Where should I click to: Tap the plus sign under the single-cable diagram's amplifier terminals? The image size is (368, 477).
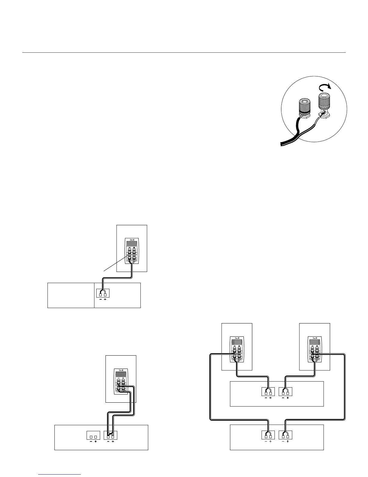pyautogui.click(x=105, y=300)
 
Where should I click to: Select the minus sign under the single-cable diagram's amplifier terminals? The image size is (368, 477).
pyautogui.click(x=100, y=300)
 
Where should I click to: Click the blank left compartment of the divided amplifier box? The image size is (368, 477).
pyautogui.click(x=71, y=295)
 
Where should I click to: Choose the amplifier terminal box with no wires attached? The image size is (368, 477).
pyautogui.click(x=93, y=435)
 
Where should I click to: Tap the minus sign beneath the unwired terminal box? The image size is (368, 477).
pyautogui.click(x=90, y=442)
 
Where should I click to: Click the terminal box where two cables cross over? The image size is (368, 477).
pyautogui.click(x=110, y=435)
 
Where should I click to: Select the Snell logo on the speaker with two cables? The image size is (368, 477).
pyautogui.click(x=121, y=371)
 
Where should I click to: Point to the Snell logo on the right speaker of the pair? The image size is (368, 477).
pyautogui.click(x=315, y=338)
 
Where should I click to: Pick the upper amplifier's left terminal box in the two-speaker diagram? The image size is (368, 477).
pyautogui.click(x=268, y=392)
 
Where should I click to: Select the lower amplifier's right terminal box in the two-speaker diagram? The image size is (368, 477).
pyautogui.click(x=286, y=435)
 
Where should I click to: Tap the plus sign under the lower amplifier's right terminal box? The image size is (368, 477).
pyautogui.click(x=288, y=442)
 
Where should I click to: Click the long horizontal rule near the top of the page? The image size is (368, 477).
pyautogui.click(x=184, y=53)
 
